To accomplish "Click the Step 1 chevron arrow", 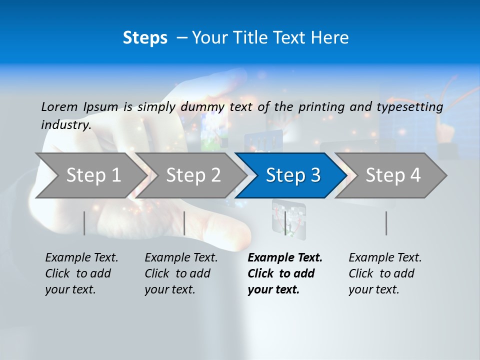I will [90, 175].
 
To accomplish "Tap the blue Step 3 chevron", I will [292, 175].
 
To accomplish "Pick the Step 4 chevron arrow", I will [392, 175].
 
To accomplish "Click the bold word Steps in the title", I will [145, 38].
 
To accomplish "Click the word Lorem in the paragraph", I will [59, 106].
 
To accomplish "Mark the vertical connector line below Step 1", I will [84, 223].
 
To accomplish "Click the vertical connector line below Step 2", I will [184, 223].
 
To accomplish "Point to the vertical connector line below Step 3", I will [285, 223].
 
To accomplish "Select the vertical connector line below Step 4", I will [386, 223].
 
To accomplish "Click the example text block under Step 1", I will [81, 273].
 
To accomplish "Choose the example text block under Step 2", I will [181, 273].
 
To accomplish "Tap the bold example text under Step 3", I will [285, 273].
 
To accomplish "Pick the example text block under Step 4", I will [385, 273].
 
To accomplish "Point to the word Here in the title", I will [330, 38].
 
